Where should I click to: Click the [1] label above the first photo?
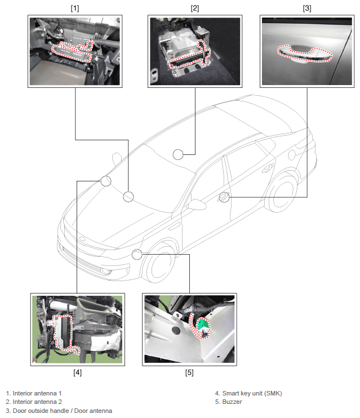74,8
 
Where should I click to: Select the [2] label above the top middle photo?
194,8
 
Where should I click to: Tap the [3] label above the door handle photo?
307,8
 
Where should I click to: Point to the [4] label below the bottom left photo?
78,372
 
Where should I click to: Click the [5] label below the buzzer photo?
189,372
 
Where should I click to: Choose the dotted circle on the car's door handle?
224,197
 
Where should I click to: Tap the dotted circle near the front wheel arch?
137,255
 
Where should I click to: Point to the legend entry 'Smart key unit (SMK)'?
248,393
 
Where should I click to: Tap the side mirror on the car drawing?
197,204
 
